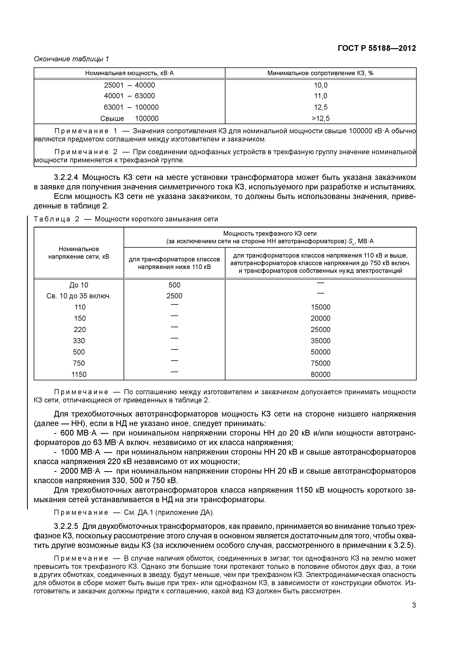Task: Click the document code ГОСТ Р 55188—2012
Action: point(377,48)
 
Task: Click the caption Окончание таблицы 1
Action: point(71,59)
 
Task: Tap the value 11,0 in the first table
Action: point(320,96)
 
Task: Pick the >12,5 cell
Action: point(320,118)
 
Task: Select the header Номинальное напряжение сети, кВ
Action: point(79,253)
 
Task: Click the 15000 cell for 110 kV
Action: point(320,307)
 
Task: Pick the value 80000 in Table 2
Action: point(320,375)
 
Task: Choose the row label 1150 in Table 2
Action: point(79,375)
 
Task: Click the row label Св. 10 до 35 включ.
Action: point(79,296)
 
